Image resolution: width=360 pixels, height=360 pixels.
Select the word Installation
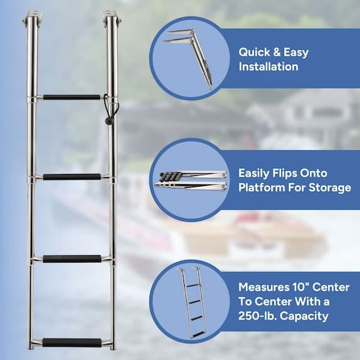point(268,67)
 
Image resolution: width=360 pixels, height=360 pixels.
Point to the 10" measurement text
point(306,287)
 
